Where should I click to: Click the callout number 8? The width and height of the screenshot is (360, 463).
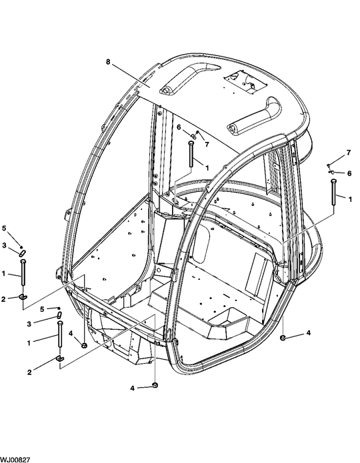coord(108,62)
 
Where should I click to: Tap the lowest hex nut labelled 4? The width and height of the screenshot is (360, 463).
coord(155,384)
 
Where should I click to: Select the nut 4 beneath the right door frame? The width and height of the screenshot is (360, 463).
coord(283,337)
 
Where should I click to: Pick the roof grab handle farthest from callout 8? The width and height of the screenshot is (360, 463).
coord(253,117)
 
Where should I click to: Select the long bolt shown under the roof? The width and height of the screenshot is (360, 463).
coord(191,154)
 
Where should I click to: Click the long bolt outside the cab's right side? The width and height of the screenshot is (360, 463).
coord(333,193)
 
